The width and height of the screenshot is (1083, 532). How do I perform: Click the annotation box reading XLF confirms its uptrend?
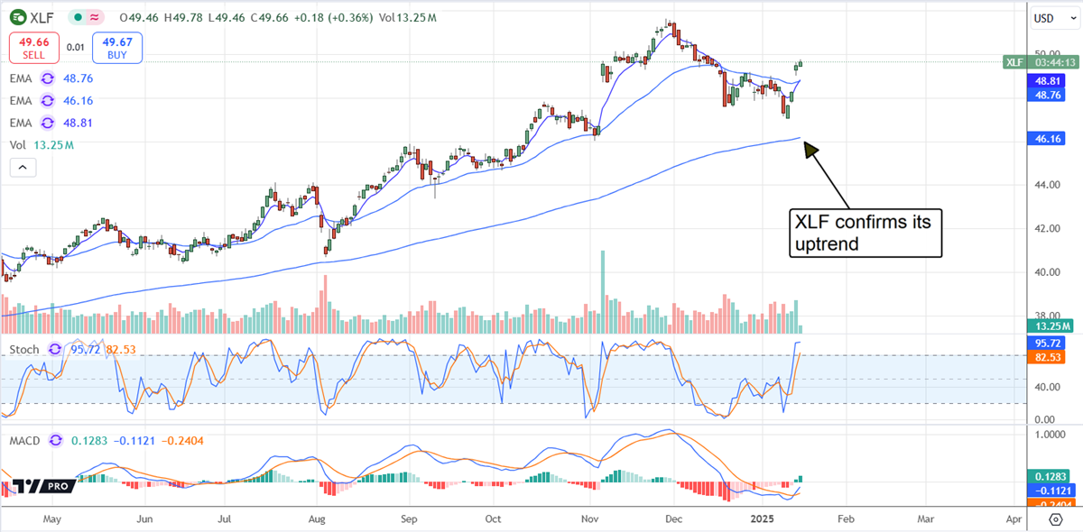pyautogui.click(x=865, y=233)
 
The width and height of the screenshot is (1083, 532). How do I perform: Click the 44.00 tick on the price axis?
pyautogui.click(x=1045, y=185)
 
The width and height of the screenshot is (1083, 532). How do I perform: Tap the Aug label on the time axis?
pyautogui.click(x=316, y=519)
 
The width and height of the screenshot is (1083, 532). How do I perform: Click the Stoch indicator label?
pyautogui.click(x=24, y=349)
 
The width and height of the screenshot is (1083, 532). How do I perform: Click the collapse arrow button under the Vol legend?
pyautogui.click(x=23, y=167)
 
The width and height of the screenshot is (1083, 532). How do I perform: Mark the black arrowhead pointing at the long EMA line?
pyautogui.click(x=809, y=150)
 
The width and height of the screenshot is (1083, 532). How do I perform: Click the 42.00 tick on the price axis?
pyautogui.click(x=1045, y=228)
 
